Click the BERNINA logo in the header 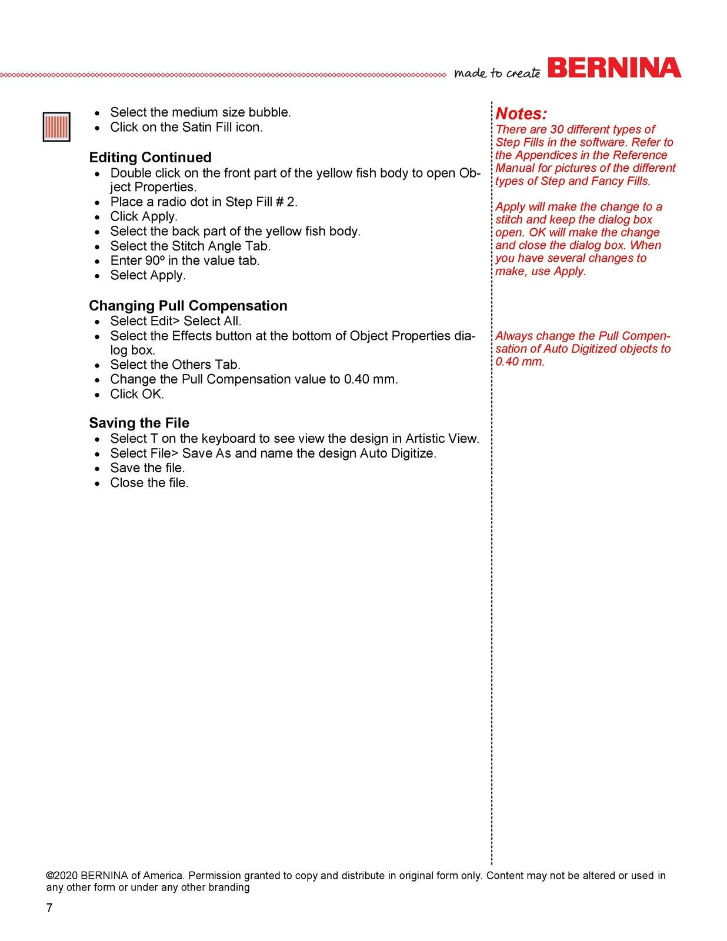(614, 68)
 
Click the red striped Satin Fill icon (56, 126)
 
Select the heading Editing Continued (150, 158)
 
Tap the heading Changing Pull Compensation (188, 306)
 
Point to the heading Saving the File (139, 423)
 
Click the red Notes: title (521, 114)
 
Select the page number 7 (49, 907)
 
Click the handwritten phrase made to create (497, 73)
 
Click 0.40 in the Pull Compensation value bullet (356, 379)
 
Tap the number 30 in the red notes (557, 129)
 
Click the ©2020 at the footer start (62, 875)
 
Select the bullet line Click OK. (137, 394)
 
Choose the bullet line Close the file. (149, 483)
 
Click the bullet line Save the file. (148, 468)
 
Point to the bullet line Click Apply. (144, 216)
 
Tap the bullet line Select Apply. (148, 275)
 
